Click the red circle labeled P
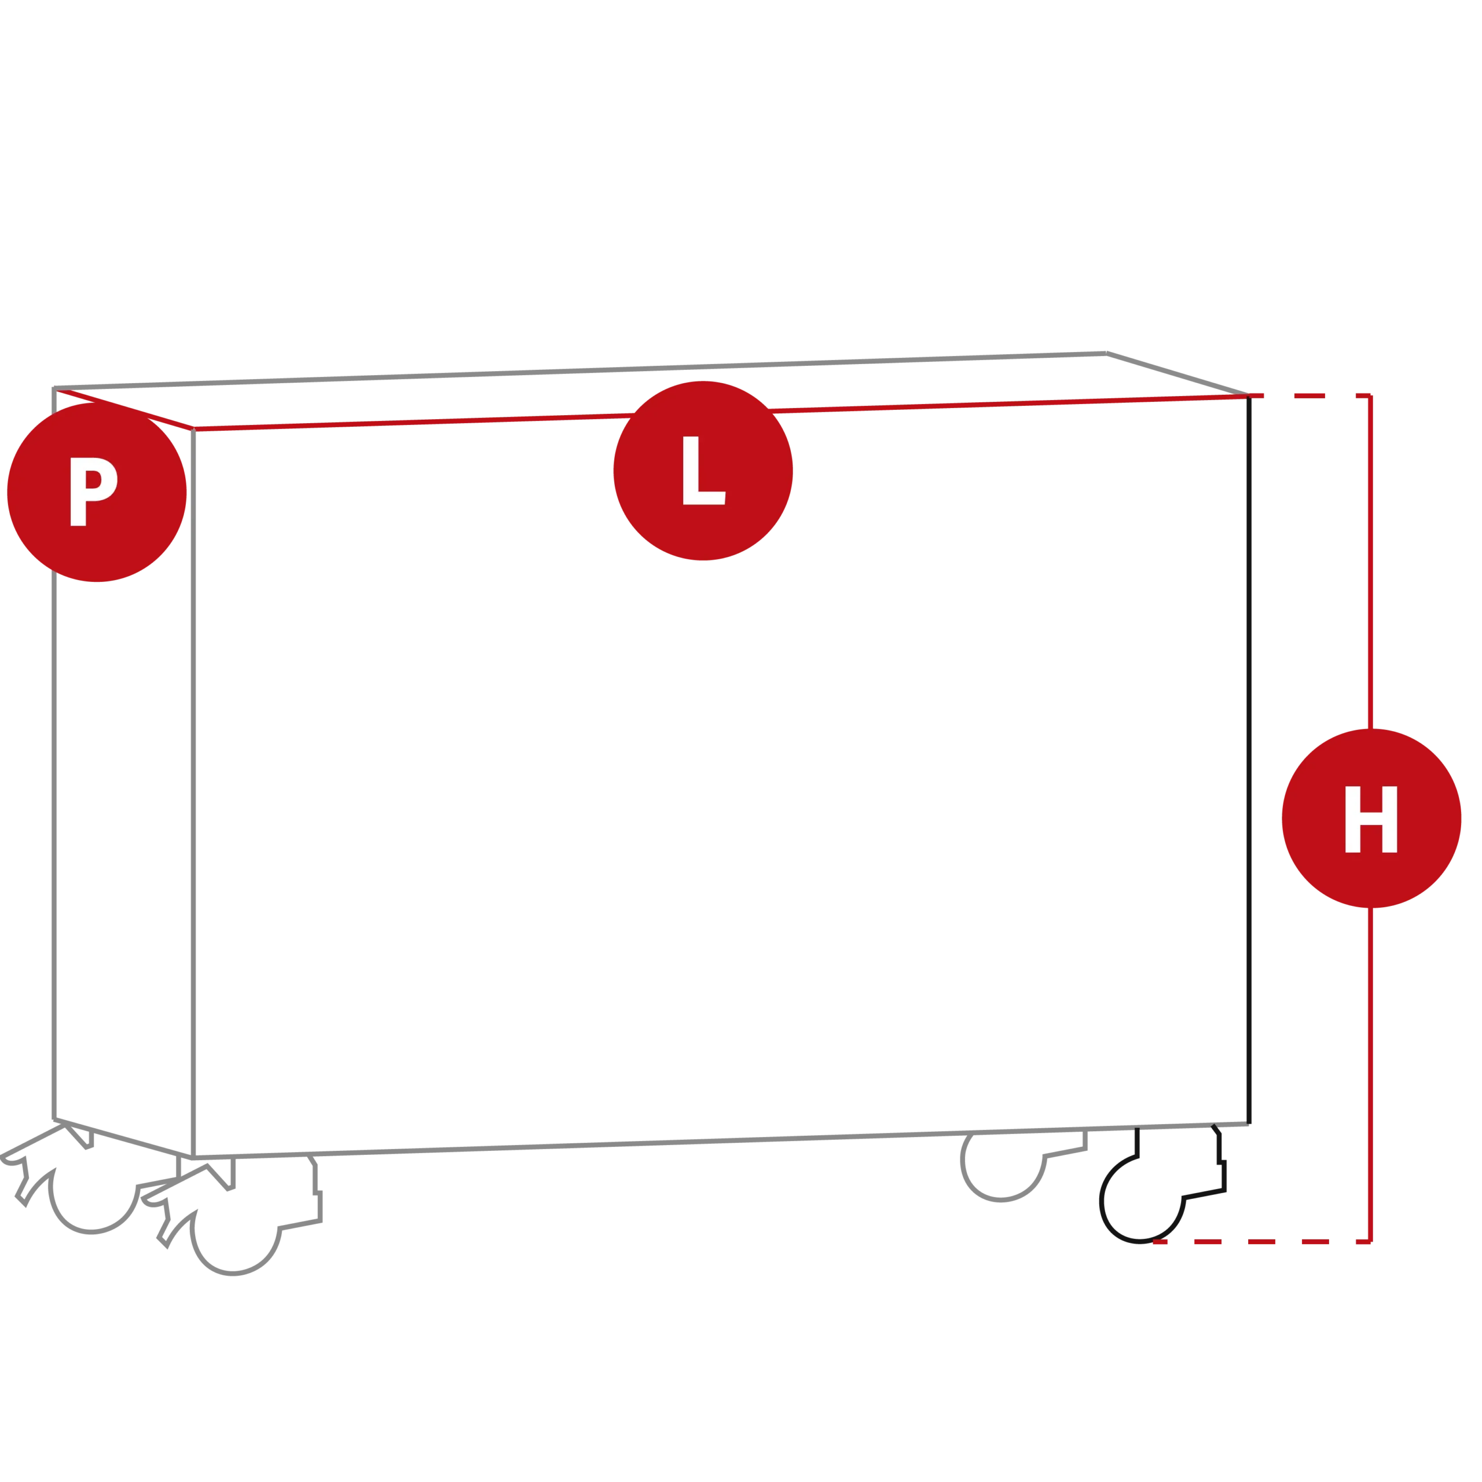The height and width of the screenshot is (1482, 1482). tap(97, 493)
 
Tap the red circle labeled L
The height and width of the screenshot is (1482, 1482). tap(703, 471)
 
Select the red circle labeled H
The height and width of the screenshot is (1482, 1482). tap(1371, 819)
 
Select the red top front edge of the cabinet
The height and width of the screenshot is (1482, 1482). tap(721, 413)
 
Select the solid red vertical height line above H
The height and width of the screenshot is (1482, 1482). tap(1370, 562)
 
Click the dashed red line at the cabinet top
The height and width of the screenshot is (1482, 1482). tap(1309, 396)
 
